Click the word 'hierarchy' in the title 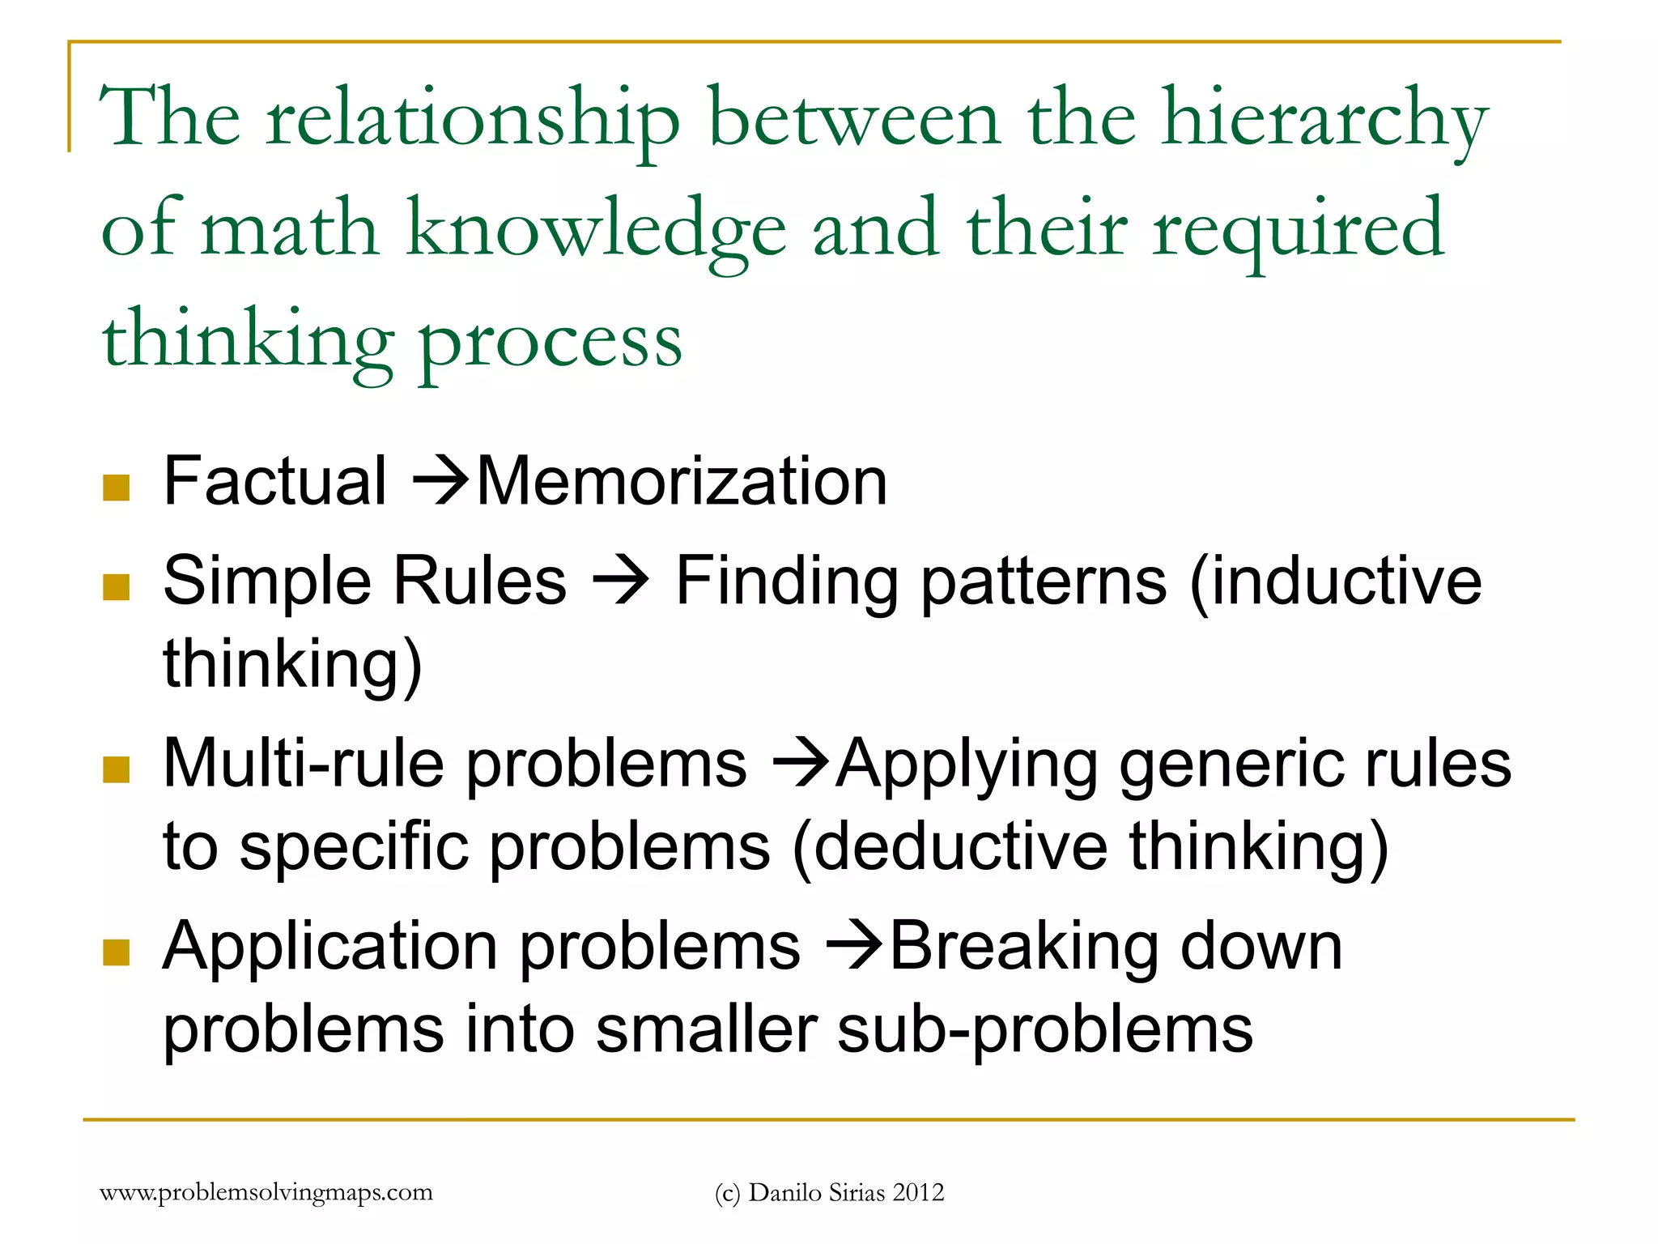point(1324,121)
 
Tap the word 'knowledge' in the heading point(596,231)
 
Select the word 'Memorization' point(682,482)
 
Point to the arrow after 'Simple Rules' point(620,582)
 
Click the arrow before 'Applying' point(801,764)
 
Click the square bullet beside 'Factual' point(117,488)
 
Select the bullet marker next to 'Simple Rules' point(117,586)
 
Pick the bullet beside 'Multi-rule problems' point(117,769)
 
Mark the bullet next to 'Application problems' point(117,952)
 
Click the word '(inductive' point(1335,582)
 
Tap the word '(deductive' point(950,847)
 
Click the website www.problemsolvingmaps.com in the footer point(266,1192)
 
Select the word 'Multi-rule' point(304,764)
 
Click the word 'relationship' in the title point(473,121)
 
